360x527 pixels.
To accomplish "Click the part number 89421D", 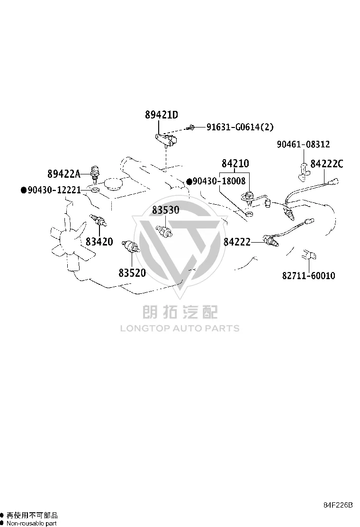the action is pyautogui.click(x=162, y=115).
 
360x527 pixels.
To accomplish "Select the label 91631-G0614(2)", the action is pyautogui.click(x=240, y=127).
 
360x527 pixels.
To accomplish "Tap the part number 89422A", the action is pyautogui.click(x=64, y=174).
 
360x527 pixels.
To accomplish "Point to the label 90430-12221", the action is pyautogui.click(x=54, y=190).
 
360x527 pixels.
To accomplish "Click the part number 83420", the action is pyautogui.click(x=99, y=242).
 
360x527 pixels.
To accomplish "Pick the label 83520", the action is pyautogui.click(x=132, y=273).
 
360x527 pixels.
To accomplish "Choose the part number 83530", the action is pyautogui.click(x=166, y=210).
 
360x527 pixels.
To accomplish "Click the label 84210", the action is pyautogui.click(x=235, y=164).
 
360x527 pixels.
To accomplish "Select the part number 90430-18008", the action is pyautogui.click(x=219, y=181).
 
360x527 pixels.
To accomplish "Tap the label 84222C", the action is pyautogui.click(x=327, y=164).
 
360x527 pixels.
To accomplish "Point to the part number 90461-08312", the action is pyautogui.click(x=303, y=144).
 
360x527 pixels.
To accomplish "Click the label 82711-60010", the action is pyautogui.click(x=309, y=276).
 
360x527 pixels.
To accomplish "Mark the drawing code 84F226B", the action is pyautogui.click(x=338, y=505).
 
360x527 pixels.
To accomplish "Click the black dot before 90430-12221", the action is pyautogui.click(x=24, y=190).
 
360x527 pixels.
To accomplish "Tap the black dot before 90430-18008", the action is pyautogui.click(x=189, y=182).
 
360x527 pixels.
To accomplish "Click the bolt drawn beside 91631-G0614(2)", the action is pyautogui.click(x=191, y=127).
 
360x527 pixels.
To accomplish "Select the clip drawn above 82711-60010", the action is pyautogui.click(x=309, y=255).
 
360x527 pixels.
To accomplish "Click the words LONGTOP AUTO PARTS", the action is pyautogui.click(x=180, y=328).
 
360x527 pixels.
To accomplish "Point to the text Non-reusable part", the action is pyautogui.click(x=32, y=523).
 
